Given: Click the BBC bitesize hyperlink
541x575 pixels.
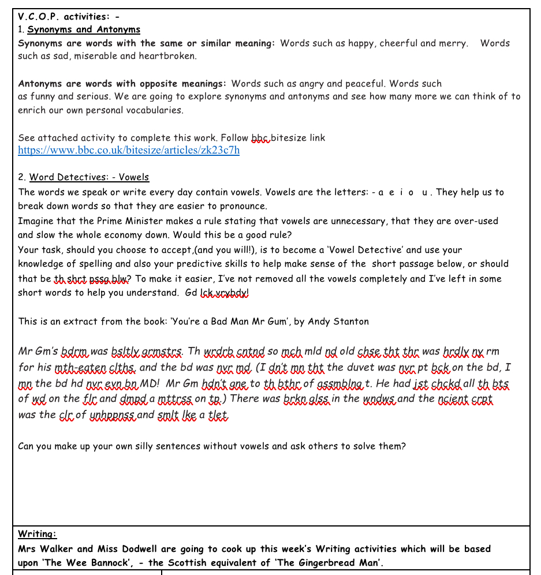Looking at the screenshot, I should click(129, 151).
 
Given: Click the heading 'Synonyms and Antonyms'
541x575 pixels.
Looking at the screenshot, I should click(84, 29).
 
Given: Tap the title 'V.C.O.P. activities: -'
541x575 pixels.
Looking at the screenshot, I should click(69, 16).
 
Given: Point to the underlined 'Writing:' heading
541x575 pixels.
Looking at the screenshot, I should click(38, 534).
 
